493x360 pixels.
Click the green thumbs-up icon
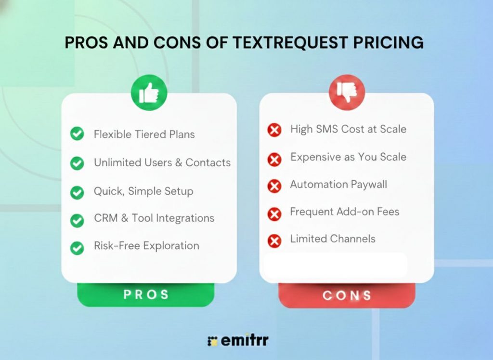[149, 93]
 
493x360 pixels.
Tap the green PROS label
[146, 294]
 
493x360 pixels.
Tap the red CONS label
[347, 295]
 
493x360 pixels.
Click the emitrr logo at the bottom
[237, 340]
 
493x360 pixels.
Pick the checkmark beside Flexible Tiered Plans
[77, 134]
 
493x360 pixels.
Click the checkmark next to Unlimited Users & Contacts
[77, 163]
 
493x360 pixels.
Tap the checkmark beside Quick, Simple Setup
[77, 192]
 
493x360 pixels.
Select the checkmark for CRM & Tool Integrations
[77, 220]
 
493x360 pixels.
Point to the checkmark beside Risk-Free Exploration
[77, 248]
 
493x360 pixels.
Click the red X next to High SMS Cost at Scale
[274, 130]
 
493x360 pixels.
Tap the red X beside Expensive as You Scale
[274, 159]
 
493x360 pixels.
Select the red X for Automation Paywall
[274, 186]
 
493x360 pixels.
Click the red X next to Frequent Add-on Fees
[274, 213]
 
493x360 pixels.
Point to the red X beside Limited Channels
[274, 240]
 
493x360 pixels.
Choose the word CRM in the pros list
[105, 218]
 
